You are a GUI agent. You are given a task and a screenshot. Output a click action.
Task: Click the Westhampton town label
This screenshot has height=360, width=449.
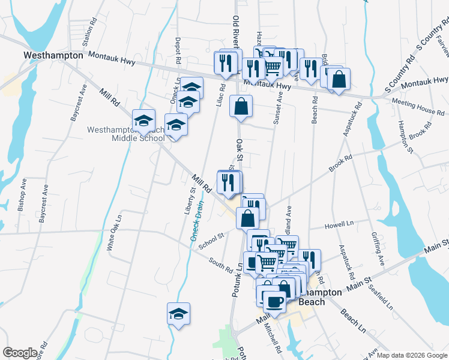pyautogui.click(x=53, y=55)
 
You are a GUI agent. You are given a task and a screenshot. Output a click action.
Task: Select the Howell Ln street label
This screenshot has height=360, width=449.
pyautogui.click(x=339, y=224)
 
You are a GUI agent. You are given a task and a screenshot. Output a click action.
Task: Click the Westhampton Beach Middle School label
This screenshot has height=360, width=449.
pyautogui.click(x=125, y=134)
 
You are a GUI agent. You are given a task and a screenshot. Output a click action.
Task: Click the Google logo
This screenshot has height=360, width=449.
pyautogui.click(x=20, y=353)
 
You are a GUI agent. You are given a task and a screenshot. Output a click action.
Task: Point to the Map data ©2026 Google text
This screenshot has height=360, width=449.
pyautogui.click(x=411, y=355)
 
